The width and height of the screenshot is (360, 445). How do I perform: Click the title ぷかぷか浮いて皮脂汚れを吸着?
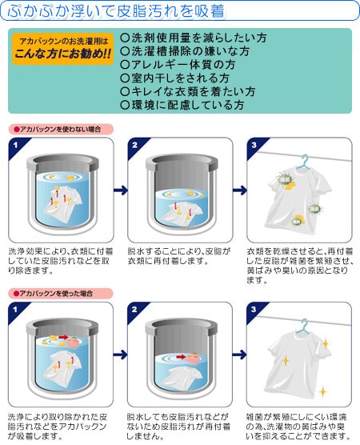pos(116,10)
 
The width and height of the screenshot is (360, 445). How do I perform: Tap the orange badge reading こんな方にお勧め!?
pos(62,49)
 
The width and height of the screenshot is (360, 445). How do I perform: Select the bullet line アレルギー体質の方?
pos(178,64)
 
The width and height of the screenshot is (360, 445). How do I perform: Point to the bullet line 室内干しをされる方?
pos(174,78)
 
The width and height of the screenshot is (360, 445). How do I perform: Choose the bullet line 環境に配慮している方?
pos(182,105)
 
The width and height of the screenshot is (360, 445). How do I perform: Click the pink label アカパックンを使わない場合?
pos(61,130)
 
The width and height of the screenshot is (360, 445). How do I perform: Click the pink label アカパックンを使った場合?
pos(61,294)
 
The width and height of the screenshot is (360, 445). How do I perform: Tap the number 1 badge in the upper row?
pos(16,146)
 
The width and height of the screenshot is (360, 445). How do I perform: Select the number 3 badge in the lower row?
pos(254,310)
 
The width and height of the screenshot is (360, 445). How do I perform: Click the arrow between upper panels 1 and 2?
pos(121,190)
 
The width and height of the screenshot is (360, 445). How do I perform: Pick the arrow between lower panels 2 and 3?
pos(239,355)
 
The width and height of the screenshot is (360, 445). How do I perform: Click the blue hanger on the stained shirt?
pos(303,162)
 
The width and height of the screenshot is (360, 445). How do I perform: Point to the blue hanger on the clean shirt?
pos(302,327)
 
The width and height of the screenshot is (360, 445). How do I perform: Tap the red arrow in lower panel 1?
pos(63,337)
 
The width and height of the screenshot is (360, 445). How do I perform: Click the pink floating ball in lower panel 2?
pos(193,357)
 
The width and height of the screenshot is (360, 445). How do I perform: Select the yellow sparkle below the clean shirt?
pos(322,392)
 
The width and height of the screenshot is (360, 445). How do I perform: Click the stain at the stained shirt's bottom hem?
pos(298,220)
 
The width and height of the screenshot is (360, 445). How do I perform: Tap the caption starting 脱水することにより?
pos(179,256)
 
